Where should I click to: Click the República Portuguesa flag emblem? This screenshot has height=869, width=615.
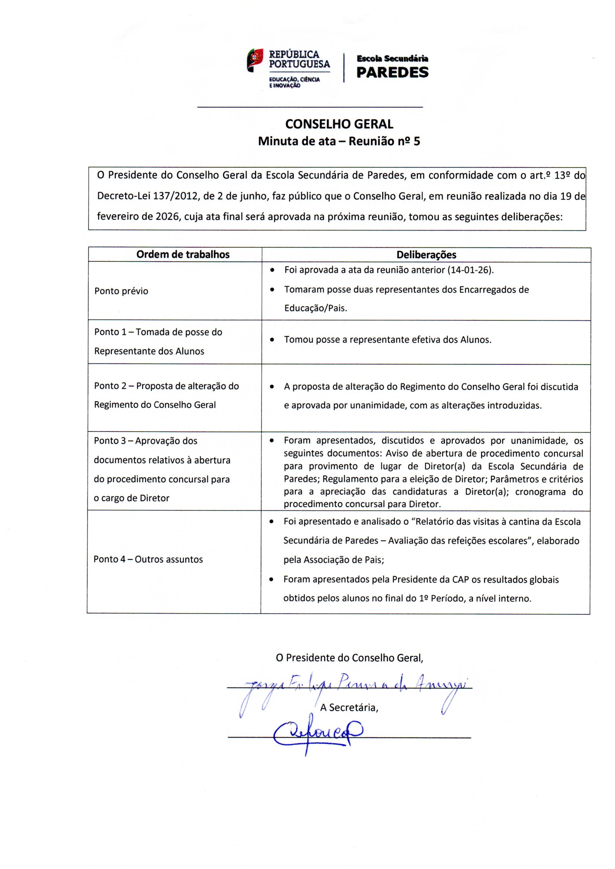pyautogui.click(x=255, y=60)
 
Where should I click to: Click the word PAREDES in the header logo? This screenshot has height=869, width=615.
pyautogui.click(x=392, y=72)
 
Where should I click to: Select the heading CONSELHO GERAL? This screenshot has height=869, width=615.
pyautogui.click(x=339, y=124)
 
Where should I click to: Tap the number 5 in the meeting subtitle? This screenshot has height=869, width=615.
pyautogui.click(x=416, y=141)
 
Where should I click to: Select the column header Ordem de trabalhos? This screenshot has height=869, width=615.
pyautogui.click(x=183, y=254)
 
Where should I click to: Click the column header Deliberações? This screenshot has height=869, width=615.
pyautogui.click(x=426, y=255)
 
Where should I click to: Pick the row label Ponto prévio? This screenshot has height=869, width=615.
pyautogui.click(x=121, y=291)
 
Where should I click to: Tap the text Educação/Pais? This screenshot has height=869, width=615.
pyautogui.click(x=315, y=308)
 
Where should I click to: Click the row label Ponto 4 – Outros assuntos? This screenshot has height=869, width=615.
pyautogui.click(x=148, y=559)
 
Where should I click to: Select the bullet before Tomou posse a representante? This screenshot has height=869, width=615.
pyautogui.click(x=271, y=340)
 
